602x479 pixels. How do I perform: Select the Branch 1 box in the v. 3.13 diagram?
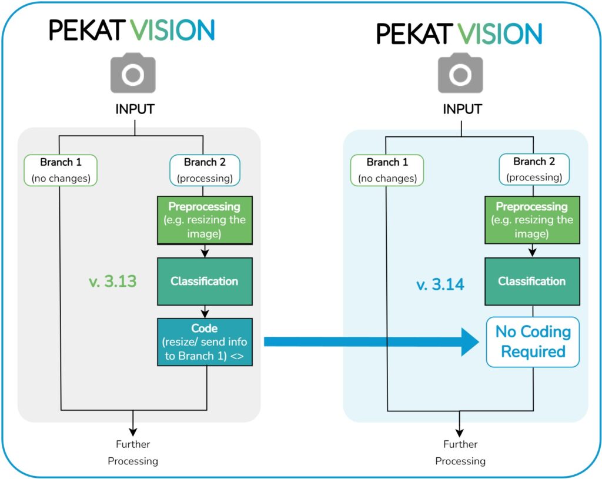pos(61,170)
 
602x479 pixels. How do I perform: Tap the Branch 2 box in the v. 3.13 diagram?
pos(204,170)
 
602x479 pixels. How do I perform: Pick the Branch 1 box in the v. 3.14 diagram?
pos(387,170)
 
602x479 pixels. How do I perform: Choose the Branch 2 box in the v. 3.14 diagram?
pos(533,170)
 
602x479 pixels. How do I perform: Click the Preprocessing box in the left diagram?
pos(205,220)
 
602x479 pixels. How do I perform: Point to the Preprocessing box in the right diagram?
pos(531,220)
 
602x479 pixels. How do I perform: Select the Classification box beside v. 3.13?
pos(205,281)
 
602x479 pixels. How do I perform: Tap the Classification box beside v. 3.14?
pos(531,281)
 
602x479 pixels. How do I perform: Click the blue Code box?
pos(205,342)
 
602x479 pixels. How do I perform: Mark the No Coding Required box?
pos(533,342)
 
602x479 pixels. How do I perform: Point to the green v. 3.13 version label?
pos(113,281)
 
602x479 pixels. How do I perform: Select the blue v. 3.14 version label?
pos(440,285)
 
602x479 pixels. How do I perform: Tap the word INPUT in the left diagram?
pos(134,109)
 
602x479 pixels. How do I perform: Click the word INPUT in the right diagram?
pos(462,109)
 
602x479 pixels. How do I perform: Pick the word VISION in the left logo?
pos(173,29)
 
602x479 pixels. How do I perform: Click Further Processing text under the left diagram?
pos(133,453)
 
